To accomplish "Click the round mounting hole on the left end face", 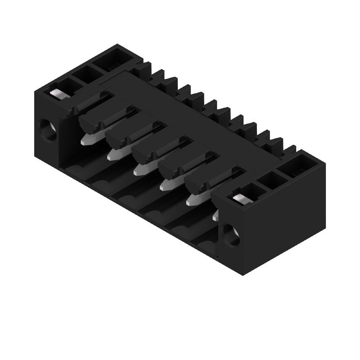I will click(x=48, y=130).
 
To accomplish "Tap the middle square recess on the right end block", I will click(x=273, y=180).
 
